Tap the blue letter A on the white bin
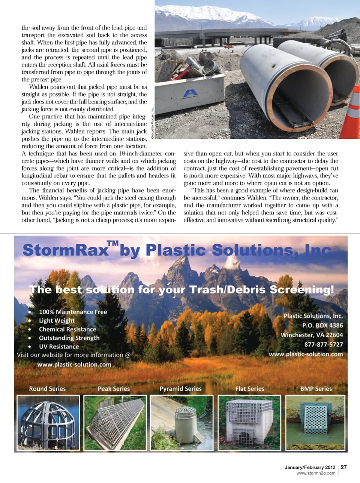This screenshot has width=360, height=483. pos(190,93)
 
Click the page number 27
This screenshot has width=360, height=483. pos(343,467)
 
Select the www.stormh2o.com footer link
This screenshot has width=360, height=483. pos(316,473)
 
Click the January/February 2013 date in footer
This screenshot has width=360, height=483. pos(310,467)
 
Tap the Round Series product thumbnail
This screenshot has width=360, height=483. pos(48,422)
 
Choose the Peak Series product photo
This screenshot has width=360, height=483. pos(115,422)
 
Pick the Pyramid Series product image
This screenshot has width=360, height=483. pos(181,422)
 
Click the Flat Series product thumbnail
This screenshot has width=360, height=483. pos(249,422)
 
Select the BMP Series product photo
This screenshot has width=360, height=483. pos(315,422)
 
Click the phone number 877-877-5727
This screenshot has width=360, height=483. pos(323,344)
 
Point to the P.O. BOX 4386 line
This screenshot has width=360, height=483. pos(322,325)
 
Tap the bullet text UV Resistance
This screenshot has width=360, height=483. pos(59,346)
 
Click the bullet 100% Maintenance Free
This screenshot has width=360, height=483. pos(73,312)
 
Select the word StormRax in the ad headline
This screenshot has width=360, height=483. pos(65,250)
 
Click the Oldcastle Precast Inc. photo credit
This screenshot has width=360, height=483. pos(153,123)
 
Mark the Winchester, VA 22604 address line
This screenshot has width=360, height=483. pos(312,335)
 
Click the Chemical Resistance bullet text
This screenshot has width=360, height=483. pos(67,329)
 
